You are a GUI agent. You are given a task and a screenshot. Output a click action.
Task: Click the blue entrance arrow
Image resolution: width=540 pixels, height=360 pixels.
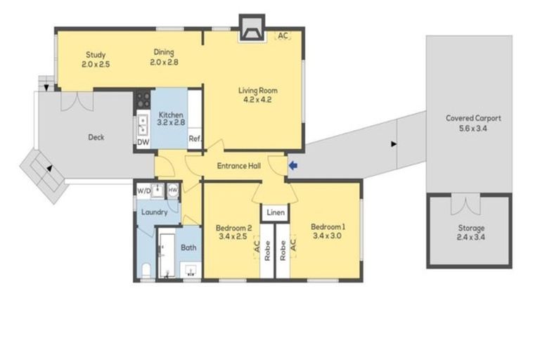[293, 166]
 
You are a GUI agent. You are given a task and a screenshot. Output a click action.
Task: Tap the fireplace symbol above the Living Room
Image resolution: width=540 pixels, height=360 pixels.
[252, 28]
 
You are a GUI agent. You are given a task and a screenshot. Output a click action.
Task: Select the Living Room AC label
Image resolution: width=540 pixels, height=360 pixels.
[283, 35]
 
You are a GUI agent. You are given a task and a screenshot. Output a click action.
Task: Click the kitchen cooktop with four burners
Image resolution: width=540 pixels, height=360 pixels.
[142, 99]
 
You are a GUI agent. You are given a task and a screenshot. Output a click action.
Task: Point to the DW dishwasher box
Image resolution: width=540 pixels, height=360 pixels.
[143, 142]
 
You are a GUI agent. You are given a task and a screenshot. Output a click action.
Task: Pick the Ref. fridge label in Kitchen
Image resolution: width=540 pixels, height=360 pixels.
[195, 139]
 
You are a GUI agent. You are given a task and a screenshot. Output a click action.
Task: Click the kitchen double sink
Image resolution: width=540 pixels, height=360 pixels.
[143, 124]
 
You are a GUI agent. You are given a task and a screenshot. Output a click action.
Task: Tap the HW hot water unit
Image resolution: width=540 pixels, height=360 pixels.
[173, 190]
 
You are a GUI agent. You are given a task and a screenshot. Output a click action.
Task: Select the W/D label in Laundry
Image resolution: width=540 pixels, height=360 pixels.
[143, 191]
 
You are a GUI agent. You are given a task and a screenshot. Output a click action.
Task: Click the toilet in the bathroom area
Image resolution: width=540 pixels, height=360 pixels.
[146, 271]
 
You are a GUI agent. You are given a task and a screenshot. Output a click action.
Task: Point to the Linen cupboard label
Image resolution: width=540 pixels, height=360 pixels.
[276, 212]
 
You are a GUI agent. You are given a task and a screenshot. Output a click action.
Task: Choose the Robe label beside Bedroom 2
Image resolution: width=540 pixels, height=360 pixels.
[267, 250]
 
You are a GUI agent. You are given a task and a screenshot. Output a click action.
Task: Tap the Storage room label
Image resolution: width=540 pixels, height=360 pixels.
[471, 228]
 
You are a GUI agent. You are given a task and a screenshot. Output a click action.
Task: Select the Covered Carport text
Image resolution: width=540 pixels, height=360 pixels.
[473, 118]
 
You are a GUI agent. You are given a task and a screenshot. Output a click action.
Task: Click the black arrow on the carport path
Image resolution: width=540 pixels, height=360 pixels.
[394, 144]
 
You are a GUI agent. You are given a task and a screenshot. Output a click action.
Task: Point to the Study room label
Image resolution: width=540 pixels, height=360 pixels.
[96, 54]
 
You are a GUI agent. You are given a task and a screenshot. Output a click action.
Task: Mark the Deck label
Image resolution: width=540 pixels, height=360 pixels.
[96, 137]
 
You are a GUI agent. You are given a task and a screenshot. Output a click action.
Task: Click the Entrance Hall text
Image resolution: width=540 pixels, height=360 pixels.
[238, 166]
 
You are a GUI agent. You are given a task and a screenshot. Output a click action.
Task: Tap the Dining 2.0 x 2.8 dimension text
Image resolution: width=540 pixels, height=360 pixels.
[164, 63]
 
